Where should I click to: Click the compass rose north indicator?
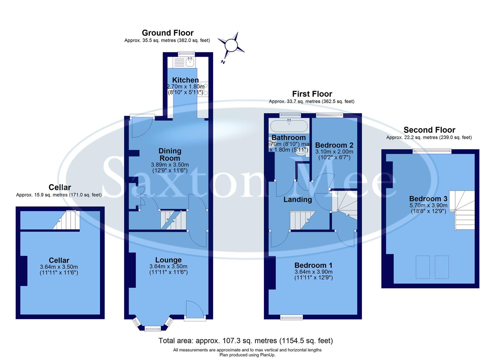pyautogui.click(x=231, y=45)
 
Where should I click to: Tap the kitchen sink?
pyautogui.click(x=190, y=62)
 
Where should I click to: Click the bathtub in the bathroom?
pyautogui.click(x=289, y=126)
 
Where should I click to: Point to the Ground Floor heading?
pyautogui.click(x=168, y=33)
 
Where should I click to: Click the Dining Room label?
pyautogui.click(x=170, y=155)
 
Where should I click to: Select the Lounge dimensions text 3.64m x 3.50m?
pyautogui.click(x=168, y=266)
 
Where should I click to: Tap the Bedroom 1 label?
pyautogui.click(x=313, y=265)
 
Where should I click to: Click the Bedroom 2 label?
pyautogui.click(x=334, y=145)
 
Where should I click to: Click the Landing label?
pyautogui.click(x=297, y=199)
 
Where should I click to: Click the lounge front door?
pyautogui.click(x=195, y=310)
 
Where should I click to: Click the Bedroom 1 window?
pyautogui.click(x=291, y=317)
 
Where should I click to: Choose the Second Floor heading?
pyautogui.click(x=429, y=130)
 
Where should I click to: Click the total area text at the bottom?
pyautogui.click(x=245, y=341)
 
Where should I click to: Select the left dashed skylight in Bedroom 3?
pyautogui.click(x=423, y=267)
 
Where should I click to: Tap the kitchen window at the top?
pyautogui.click(x=186, y=54)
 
